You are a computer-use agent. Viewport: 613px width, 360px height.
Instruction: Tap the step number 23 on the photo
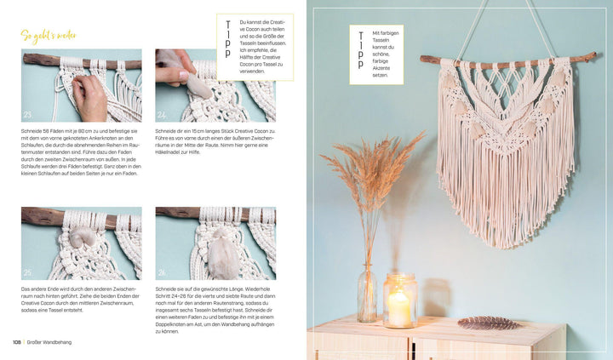point(28,114)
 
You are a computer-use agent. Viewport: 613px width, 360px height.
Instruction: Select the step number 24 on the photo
point(162,114)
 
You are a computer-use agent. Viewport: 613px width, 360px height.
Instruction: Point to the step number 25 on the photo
point(28,272)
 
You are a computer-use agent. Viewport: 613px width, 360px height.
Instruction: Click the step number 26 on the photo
point(162,272)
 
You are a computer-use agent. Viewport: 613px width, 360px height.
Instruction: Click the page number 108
point(17,343)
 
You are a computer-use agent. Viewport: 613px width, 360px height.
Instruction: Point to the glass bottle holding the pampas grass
point(367,294)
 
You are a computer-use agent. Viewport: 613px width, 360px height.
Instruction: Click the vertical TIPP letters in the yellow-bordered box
point(227,40)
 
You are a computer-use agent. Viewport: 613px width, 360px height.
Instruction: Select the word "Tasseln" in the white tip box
point(382,48)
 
